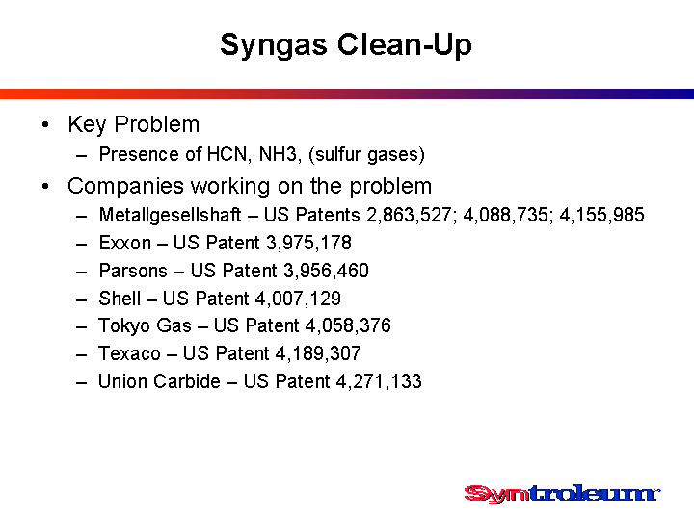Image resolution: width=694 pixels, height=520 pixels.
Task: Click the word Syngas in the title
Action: (x=273, y=46)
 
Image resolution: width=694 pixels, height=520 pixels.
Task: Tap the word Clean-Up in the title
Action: (x=405, y=44)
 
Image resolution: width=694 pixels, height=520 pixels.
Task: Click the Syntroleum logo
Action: (x=562, y=493)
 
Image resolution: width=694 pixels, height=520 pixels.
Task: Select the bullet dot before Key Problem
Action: (x=45, y=124)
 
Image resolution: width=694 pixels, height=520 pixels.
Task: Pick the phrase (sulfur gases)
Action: (x=367, y=155)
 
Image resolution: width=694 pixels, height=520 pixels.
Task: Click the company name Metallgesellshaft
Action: (x=170, y=215)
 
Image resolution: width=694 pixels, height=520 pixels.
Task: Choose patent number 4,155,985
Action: (x=601, y=215)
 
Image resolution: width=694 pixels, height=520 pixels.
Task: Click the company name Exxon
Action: (x=125, y=243)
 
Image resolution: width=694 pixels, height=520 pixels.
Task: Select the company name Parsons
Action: (x=133, y=271)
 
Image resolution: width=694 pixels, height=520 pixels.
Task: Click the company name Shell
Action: (x=120, y=299)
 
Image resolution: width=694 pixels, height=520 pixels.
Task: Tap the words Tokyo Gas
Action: (x=146, y=325)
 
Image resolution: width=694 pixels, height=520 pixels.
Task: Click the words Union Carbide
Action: (x=159, y=381)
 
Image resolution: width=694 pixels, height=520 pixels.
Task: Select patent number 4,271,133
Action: (x=379, y=381)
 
